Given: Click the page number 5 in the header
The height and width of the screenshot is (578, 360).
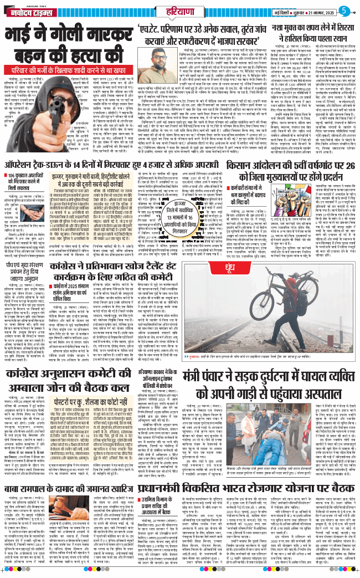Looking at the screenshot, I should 344,10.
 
